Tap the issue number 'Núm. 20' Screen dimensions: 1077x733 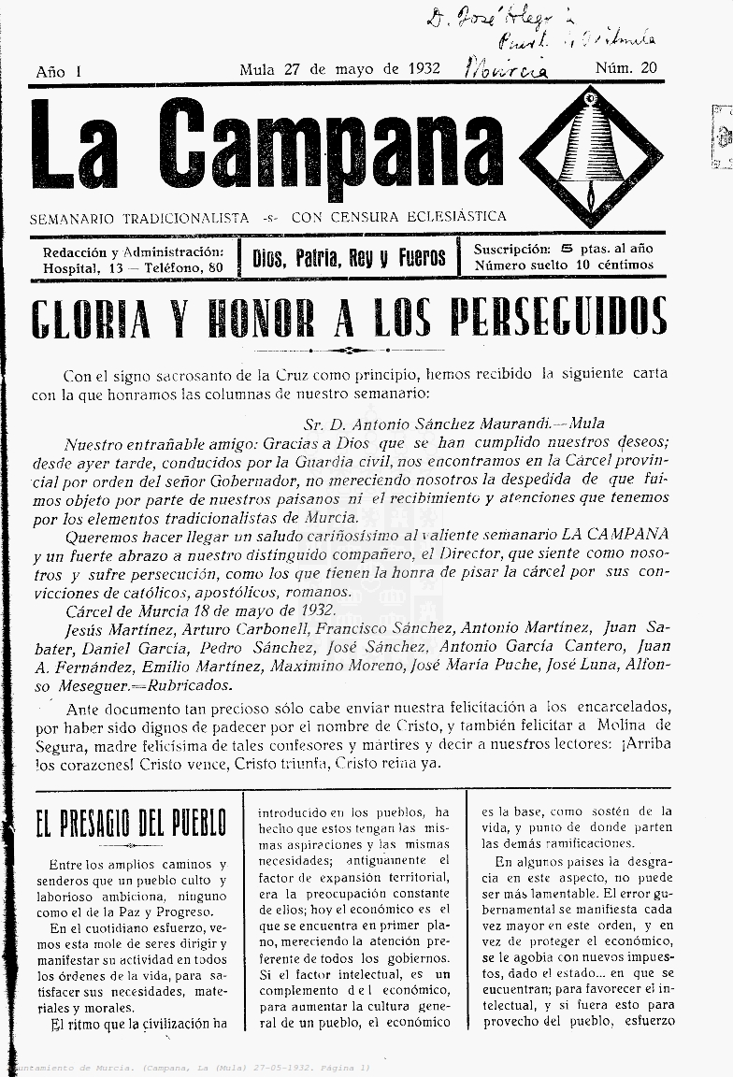[x=625, y=68]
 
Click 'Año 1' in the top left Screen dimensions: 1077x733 [x=59, y=72]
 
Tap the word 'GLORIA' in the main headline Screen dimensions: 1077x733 [x=91, y=318]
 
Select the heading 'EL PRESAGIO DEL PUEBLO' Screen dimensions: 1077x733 [x=131, y=825]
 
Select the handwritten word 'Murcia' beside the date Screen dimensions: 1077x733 [x=506, y=67]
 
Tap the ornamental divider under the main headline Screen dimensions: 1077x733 [x=348, y=351]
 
